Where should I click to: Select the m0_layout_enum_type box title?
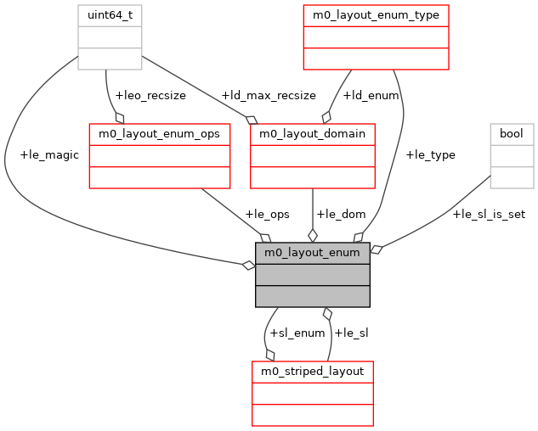click(x=376, y=15)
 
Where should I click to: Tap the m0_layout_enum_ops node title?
click(x=160, y=134)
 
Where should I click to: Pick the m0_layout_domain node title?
click(x=312, y=134)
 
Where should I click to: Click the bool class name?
click(x=512, y=134)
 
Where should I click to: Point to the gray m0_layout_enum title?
click(x=312, y=253)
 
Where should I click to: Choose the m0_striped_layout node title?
click(x=312, y=372)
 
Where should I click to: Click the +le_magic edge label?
click(x=48, y=154)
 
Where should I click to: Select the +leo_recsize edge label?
click(x=150, y=95)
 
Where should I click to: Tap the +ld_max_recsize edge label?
click(x=268, y=95)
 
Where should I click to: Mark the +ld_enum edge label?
click(x=371, y=95)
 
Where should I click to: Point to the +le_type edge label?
click(x=430, y=154)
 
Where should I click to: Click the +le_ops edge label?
click(x=262, y=214)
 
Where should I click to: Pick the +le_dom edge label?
click(x=340, y=214)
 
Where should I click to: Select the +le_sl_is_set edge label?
click(x=489, y=214)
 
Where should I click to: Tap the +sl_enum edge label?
click(x=297, y=333)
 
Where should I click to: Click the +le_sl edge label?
click(x=351, y=333)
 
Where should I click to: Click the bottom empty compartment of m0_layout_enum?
click(x=312, y=296)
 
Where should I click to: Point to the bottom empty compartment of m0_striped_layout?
click(x=312, y=415)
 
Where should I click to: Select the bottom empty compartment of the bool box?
click(x=512, y=177)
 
